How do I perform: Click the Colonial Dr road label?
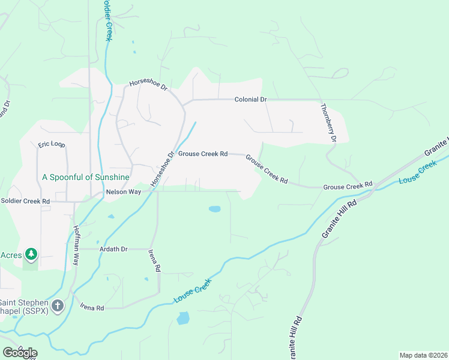[250, 99]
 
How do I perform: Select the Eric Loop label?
[51, 145]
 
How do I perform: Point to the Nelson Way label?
[123, 192]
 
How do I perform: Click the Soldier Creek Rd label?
[25, 201]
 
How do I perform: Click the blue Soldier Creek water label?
[107, 21]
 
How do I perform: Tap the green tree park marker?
[31, 255]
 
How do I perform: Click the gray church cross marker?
[58, 307]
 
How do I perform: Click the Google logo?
[20, 352]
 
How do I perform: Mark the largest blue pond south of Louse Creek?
[182, 317]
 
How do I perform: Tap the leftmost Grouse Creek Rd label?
[202, 154]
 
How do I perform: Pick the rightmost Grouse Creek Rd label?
[348, 187]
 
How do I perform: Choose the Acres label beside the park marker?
[11, 254]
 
